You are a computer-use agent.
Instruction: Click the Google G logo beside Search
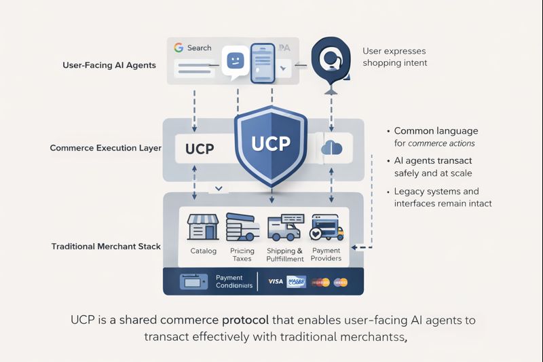click(179, 48)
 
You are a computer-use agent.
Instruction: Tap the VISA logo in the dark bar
click(276, 281)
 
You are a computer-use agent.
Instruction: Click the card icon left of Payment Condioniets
click(189, 281)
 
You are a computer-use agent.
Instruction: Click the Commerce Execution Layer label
click(105, 147)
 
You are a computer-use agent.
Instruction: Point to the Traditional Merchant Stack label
click(106, 246)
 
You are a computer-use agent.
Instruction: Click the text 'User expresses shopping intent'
click(394, 57)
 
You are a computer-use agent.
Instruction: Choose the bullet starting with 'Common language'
click(434, 137)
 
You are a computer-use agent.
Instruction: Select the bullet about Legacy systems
click(441, 197)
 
